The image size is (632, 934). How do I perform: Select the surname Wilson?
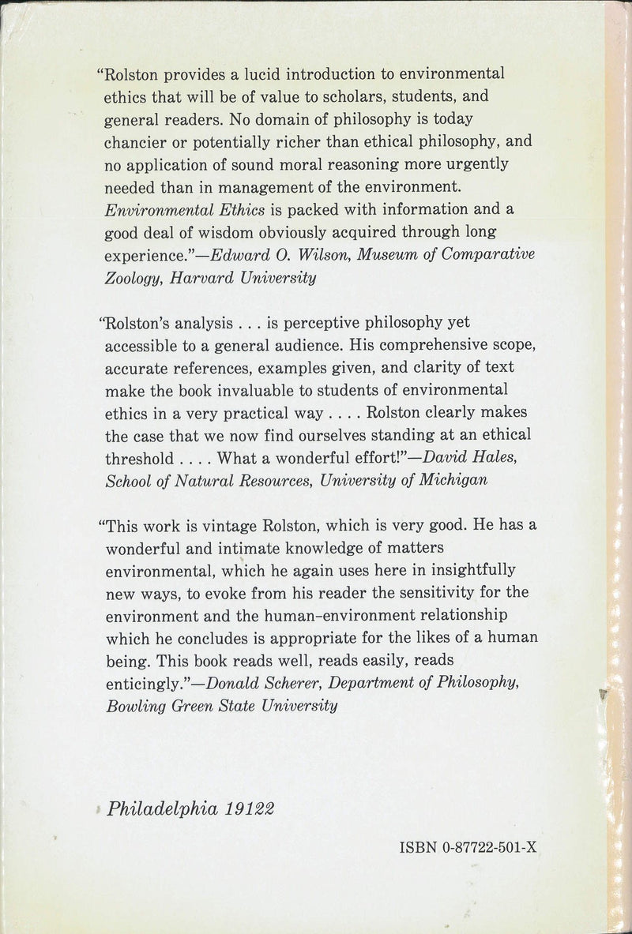pos(316,257)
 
